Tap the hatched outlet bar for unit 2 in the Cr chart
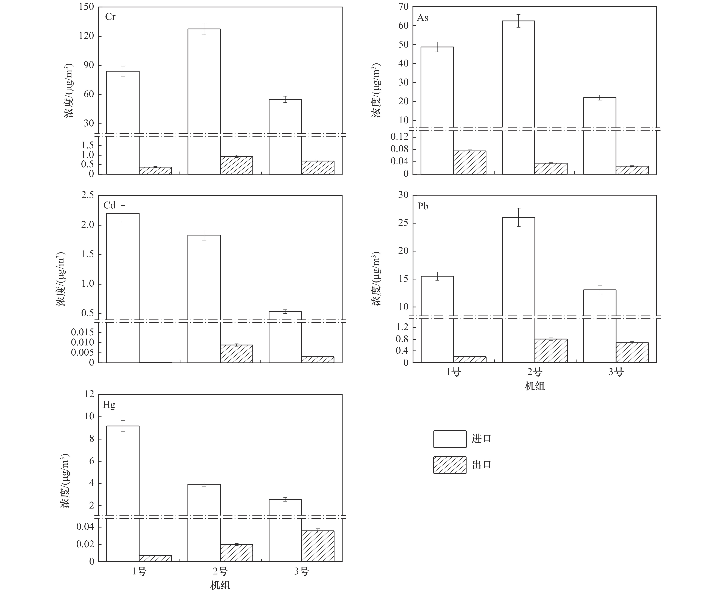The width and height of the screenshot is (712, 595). click(236, 165)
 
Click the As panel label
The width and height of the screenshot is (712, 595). click(422, 18)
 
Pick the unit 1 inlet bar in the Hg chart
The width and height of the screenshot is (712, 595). click(123, 492)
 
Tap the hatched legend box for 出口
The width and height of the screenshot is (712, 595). click(450, 465)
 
